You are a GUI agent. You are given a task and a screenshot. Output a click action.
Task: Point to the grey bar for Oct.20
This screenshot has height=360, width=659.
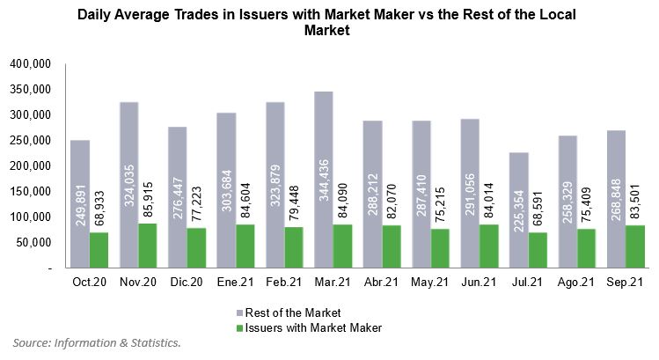tap(80, 203)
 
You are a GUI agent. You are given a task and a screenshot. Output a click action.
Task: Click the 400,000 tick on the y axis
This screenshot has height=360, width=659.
tap(31, 64)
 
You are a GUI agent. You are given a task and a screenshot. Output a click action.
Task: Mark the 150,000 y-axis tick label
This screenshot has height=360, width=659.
tap(31, 191)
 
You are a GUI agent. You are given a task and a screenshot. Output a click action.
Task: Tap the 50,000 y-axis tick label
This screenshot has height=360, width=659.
tap(34, 242)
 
